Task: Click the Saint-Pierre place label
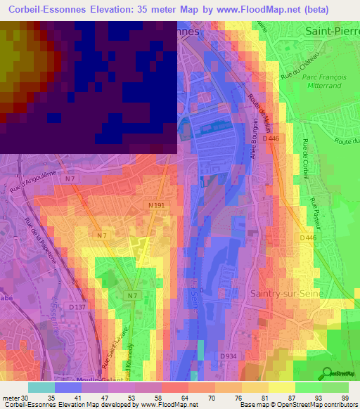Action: (x=333, y=32)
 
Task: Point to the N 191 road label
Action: (x=157, y=205)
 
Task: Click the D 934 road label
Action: (x=227, y=356)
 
